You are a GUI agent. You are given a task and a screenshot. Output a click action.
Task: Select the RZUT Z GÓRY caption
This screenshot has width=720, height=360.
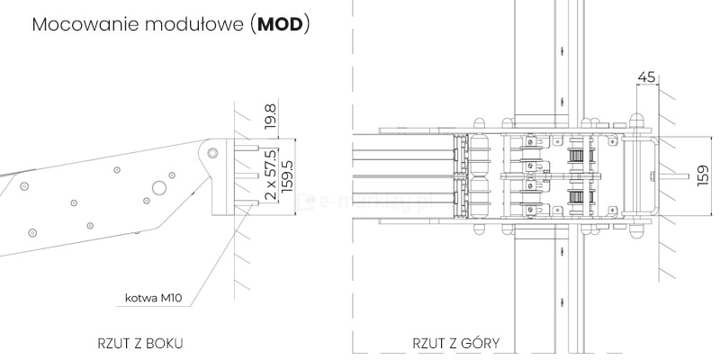pos(456,343)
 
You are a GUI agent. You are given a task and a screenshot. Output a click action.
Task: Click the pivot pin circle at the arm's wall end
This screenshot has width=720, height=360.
pos(213,152)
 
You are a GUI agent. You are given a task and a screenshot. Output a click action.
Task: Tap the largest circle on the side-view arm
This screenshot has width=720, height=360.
pos(158,187)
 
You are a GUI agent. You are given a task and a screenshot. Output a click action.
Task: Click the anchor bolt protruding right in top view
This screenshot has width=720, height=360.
pos(670,177)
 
